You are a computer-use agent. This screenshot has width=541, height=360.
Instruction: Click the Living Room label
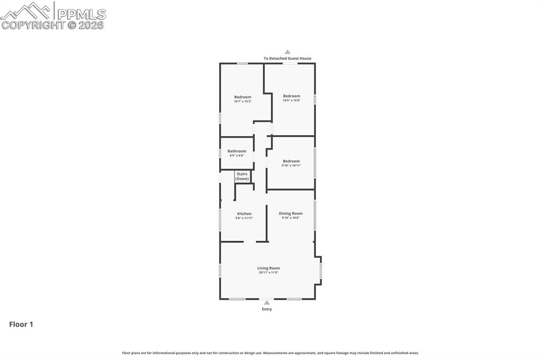(268, 268)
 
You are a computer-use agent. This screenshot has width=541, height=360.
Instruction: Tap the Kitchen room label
(244, 214)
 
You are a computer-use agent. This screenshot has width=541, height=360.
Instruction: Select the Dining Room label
(291, 213)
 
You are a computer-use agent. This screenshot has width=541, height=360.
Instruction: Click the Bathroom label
(237, 151)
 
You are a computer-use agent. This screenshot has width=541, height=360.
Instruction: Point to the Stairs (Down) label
(242, 176)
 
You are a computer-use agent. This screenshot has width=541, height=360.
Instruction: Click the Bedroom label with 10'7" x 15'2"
(242, 97)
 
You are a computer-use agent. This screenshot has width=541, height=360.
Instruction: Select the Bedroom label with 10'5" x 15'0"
(291, 96)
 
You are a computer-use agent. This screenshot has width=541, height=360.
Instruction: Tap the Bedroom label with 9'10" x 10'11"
(291, 161)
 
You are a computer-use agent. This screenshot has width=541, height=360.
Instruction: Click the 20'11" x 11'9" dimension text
(268, 273)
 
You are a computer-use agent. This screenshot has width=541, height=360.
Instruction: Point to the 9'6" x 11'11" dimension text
(244, 218)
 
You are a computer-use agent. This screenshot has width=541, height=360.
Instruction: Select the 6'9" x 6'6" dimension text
(237, 156)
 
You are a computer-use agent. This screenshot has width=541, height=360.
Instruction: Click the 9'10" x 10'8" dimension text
(291, 218)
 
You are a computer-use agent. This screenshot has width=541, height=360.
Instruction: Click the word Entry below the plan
(267, 309)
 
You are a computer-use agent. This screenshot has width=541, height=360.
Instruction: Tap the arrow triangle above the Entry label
(267, 303)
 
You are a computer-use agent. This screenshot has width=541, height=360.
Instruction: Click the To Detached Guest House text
(287, 59)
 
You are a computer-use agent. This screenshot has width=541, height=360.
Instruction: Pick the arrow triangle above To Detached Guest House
(287, 52)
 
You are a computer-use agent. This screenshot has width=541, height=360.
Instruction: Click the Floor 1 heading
(21, 325)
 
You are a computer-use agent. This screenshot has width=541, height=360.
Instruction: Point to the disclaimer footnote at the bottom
(270, 353)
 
